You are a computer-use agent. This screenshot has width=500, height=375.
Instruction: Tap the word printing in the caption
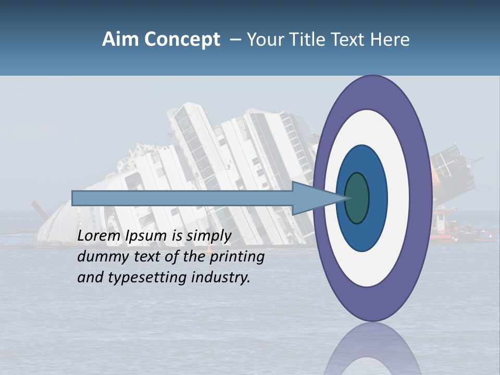coord(237,257)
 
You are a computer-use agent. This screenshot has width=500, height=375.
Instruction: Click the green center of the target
coord(357,198)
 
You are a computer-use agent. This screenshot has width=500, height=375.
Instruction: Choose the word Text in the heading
coord(349,40)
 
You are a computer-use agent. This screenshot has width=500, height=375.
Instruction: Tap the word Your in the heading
coord(264,40)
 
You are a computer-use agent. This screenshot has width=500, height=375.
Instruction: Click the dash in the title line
coord(235,40)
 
